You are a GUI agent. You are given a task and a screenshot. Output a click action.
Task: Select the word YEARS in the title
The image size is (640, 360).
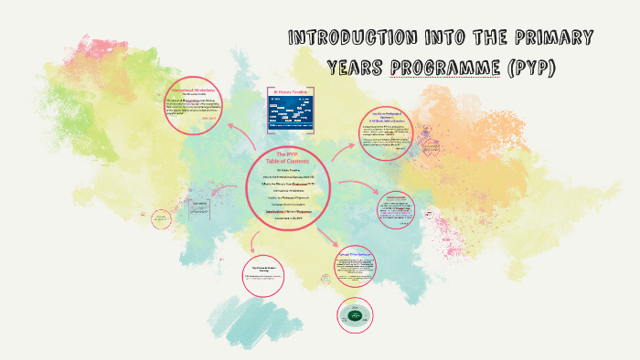[x=357, y=69]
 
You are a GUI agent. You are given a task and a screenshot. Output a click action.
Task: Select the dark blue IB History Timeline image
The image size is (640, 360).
[x=290, y=113]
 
